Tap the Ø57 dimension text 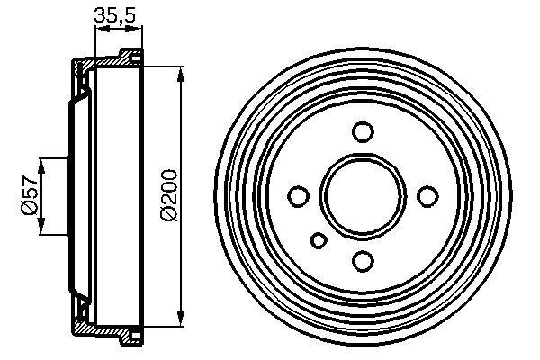coord(29,195)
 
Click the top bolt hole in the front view coord(363,132)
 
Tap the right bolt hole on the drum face coord(427,196)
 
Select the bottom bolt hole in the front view coord(363,261)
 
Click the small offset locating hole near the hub coord(319,239)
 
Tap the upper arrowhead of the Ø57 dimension coord(41,163)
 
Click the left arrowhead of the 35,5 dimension coord(100,30)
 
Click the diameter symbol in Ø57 coord(29,209)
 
